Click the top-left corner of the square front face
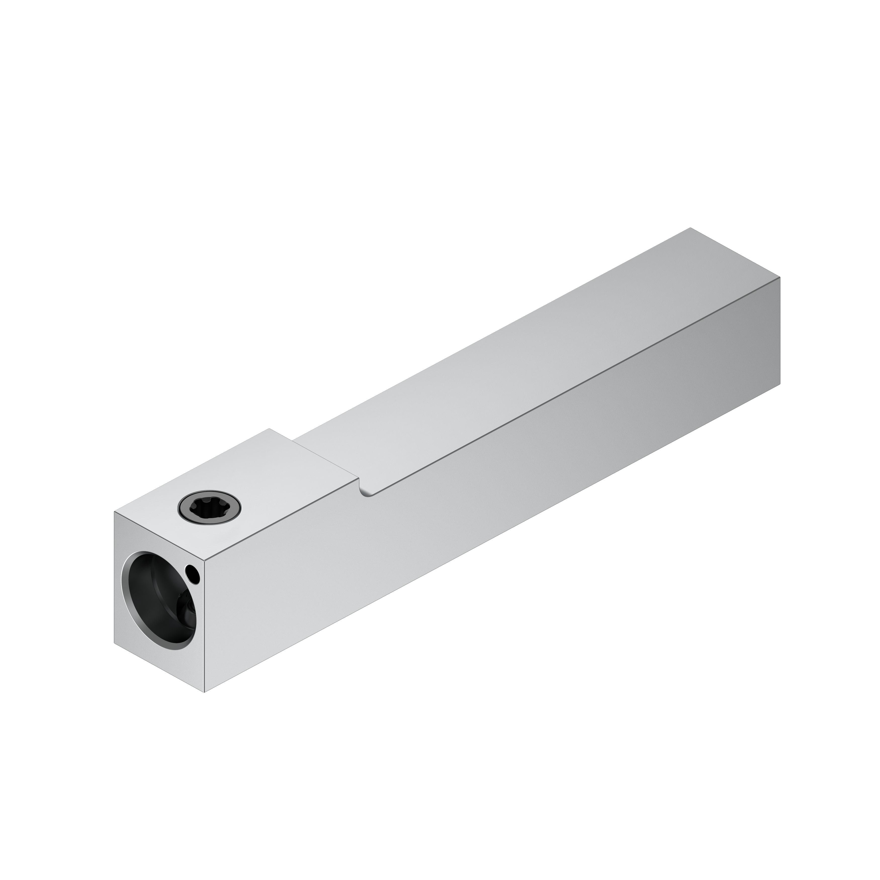pos(114,512)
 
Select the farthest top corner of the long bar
pos(690,228)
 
